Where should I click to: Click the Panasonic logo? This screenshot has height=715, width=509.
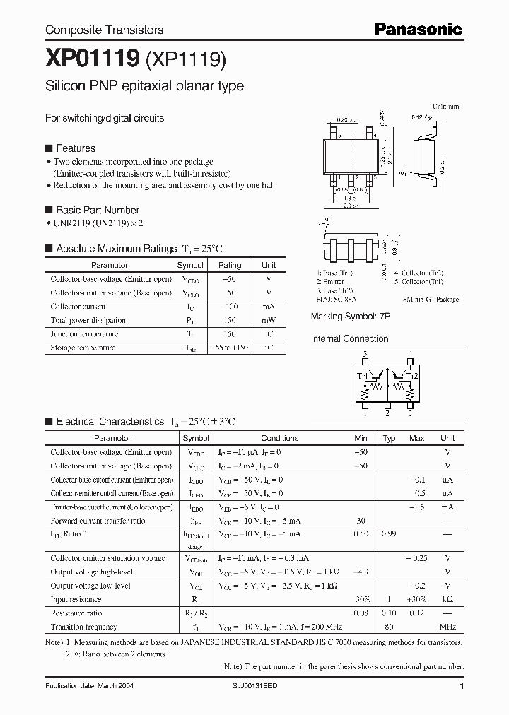(418, 29)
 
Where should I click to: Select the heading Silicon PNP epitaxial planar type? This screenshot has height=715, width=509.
(144, 86)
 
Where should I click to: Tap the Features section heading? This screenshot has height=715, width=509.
(75, 148)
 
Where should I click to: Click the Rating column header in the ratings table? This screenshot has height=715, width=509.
(230, 265)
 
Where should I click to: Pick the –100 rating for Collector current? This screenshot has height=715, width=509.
(230, 307)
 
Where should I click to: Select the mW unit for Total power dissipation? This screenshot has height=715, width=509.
(269, 320)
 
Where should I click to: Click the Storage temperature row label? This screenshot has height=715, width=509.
(83, 348)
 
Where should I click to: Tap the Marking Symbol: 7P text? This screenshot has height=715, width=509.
(351, 317)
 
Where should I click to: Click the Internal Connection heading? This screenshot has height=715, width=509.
(349, 338)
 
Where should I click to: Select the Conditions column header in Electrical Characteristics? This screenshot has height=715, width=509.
(280, 438)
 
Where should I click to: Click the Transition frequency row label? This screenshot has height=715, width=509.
(83, 627)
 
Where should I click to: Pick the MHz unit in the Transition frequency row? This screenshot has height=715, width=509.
(447, 627)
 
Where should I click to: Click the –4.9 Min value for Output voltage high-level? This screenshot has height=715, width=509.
(361, 572)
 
